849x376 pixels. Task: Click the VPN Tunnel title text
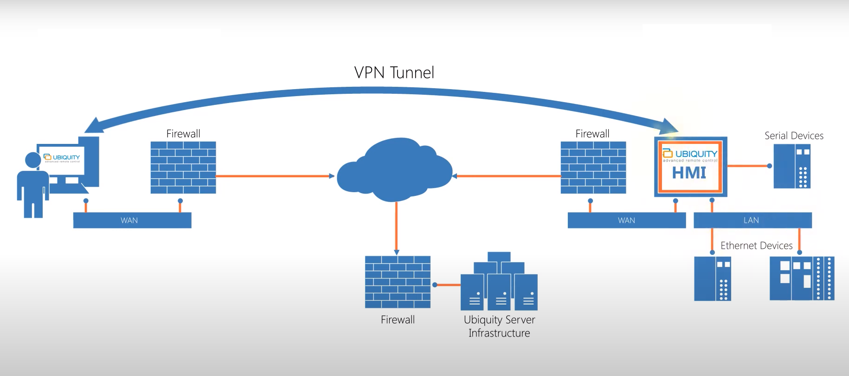tap(394, 72)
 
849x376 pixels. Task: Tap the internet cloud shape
tap(394, 171)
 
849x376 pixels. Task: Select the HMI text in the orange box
tap(689, 173)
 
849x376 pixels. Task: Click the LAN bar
tap(752, 220)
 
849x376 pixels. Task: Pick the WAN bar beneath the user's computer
tap(132, 220)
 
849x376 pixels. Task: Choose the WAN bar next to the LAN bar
tap(626, 220)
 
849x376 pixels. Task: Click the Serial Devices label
tap(794, 136)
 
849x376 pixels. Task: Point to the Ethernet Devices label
tap(756, 246)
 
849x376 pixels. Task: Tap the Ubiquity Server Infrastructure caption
tap(499, 326)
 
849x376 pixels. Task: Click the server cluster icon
tap(499, 283)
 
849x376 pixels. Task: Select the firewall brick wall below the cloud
tap(398, 282)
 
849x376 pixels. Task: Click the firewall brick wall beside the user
tap(183, 168)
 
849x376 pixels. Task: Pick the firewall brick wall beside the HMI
tap(593, 168)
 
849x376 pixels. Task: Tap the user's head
tap(33, 160)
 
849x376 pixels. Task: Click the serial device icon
tap(791, 166)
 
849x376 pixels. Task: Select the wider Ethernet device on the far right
tap(802, 279)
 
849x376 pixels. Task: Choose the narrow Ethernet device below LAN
tap(712, 279)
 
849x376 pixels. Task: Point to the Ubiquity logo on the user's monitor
tap(62, 158)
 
